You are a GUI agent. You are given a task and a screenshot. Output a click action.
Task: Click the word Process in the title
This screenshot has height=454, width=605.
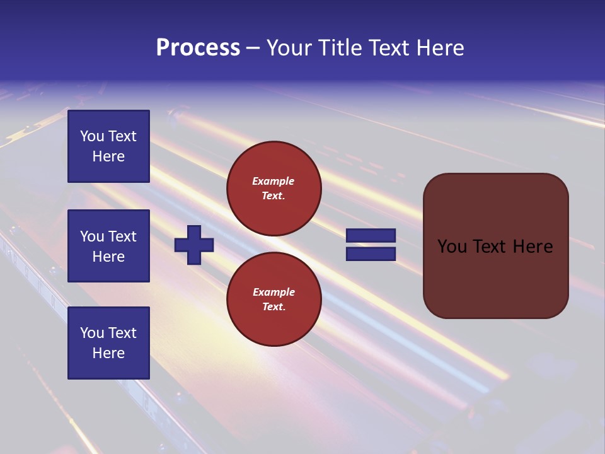[x=198, y=48]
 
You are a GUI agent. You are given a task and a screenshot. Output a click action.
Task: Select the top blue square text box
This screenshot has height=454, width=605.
[x=108, y=146]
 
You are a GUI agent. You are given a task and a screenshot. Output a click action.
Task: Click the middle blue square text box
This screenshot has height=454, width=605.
[x=108, y=246]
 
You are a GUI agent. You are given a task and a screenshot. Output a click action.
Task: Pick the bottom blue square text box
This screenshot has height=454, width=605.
[x=108, y=342]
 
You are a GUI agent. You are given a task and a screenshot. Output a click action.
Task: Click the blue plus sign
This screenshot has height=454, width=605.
[x=194, y=245]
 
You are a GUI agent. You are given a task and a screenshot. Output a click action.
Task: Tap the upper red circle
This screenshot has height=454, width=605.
[x=274, y=189]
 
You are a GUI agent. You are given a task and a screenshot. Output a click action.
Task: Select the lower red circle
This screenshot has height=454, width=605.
[x=274, y=299]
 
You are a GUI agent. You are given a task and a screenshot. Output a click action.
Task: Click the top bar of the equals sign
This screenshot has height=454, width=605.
[x=371, y=236]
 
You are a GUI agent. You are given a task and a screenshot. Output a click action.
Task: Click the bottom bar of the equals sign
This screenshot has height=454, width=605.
[x=371, y=253]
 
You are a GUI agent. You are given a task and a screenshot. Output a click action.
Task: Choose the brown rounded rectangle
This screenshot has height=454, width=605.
[x=495, y=245]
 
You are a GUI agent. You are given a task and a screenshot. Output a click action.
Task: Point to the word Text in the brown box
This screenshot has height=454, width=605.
[x=495, y=247]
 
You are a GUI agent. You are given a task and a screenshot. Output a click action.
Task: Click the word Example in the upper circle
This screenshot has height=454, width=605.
[x=274, y=181]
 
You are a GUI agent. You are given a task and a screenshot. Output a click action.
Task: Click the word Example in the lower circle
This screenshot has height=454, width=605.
[x=274, y=292]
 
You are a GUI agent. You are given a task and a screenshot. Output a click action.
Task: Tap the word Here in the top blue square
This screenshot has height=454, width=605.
[x=108, y=156]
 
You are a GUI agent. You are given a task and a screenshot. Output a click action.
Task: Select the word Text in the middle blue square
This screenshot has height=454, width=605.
[x=122, y=236]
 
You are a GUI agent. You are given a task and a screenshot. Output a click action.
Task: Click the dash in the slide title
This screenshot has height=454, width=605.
[x=253, y=49]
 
